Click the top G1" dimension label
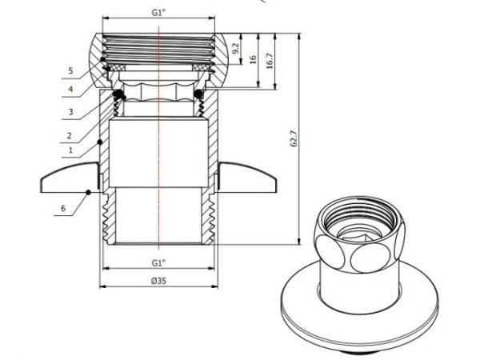[159, 14]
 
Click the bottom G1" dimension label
[158, 263]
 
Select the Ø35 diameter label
[158, 281]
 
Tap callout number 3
[70, 113]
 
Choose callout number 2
[70, 134]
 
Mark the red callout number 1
[70, 150]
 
